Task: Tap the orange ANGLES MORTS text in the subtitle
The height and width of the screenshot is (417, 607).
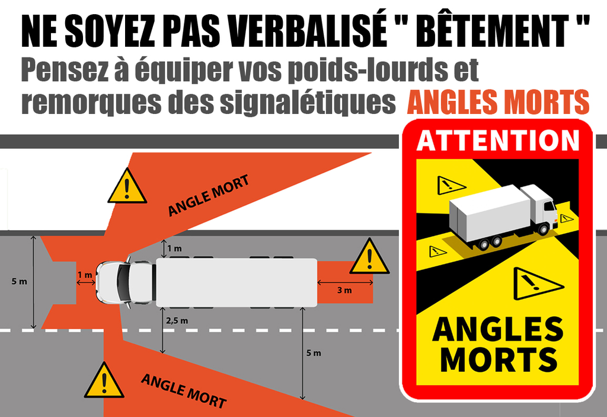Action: [x=498, y=102]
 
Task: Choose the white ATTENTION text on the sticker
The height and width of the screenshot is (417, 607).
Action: [x=498, y=140]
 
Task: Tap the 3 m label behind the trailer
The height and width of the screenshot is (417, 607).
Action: [x=344, y=290]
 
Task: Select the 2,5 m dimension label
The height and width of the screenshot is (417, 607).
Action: [x=177, y=320]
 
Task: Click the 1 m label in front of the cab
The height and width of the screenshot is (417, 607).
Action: [x=85, y=275]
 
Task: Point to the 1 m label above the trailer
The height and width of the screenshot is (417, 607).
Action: [x=175, y=249]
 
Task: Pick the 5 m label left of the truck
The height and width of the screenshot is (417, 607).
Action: [x=20, y=281]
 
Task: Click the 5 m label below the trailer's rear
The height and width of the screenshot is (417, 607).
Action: [x=314, y=353]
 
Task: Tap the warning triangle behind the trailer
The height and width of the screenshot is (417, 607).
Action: [x=369, y=257]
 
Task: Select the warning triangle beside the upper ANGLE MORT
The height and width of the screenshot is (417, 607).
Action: [x=127, y=187]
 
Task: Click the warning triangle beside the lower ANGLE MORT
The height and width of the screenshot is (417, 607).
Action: [x=104, y=381]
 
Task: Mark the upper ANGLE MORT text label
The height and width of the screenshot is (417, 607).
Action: [x=208, y=195]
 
